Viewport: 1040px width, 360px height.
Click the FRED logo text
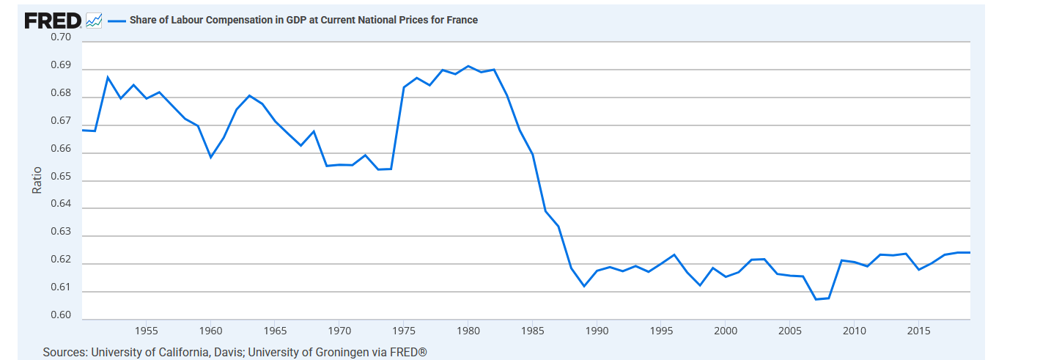tap(52, 21)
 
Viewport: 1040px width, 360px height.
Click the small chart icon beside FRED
tap(93, 21)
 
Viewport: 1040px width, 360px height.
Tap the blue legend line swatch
tap(117, 21)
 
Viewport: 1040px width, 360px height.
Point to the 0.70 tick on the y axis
tap(61, 37)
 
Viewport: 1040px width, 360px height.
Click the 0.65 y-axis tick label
tap(61, 177)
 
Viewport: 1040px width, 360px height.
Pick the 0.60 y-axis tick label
tap(61, 316)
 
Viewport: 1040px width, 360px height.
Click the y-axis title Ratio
tap(37, 180)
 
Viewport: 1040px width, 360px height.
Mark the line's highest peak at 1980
tap(468, 66)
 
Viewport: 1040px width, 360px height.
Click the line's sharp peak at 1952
tap(108, 77)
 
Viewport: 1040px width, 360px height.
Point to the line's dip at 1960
tap(210, 157)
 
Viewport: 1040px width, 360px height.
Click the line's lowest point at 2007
tap(816, 299)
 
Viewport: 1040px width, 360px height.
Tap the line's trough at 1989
tap(584, 286)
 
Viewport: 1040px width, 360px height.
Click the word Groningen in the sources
tap(339, 353)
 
